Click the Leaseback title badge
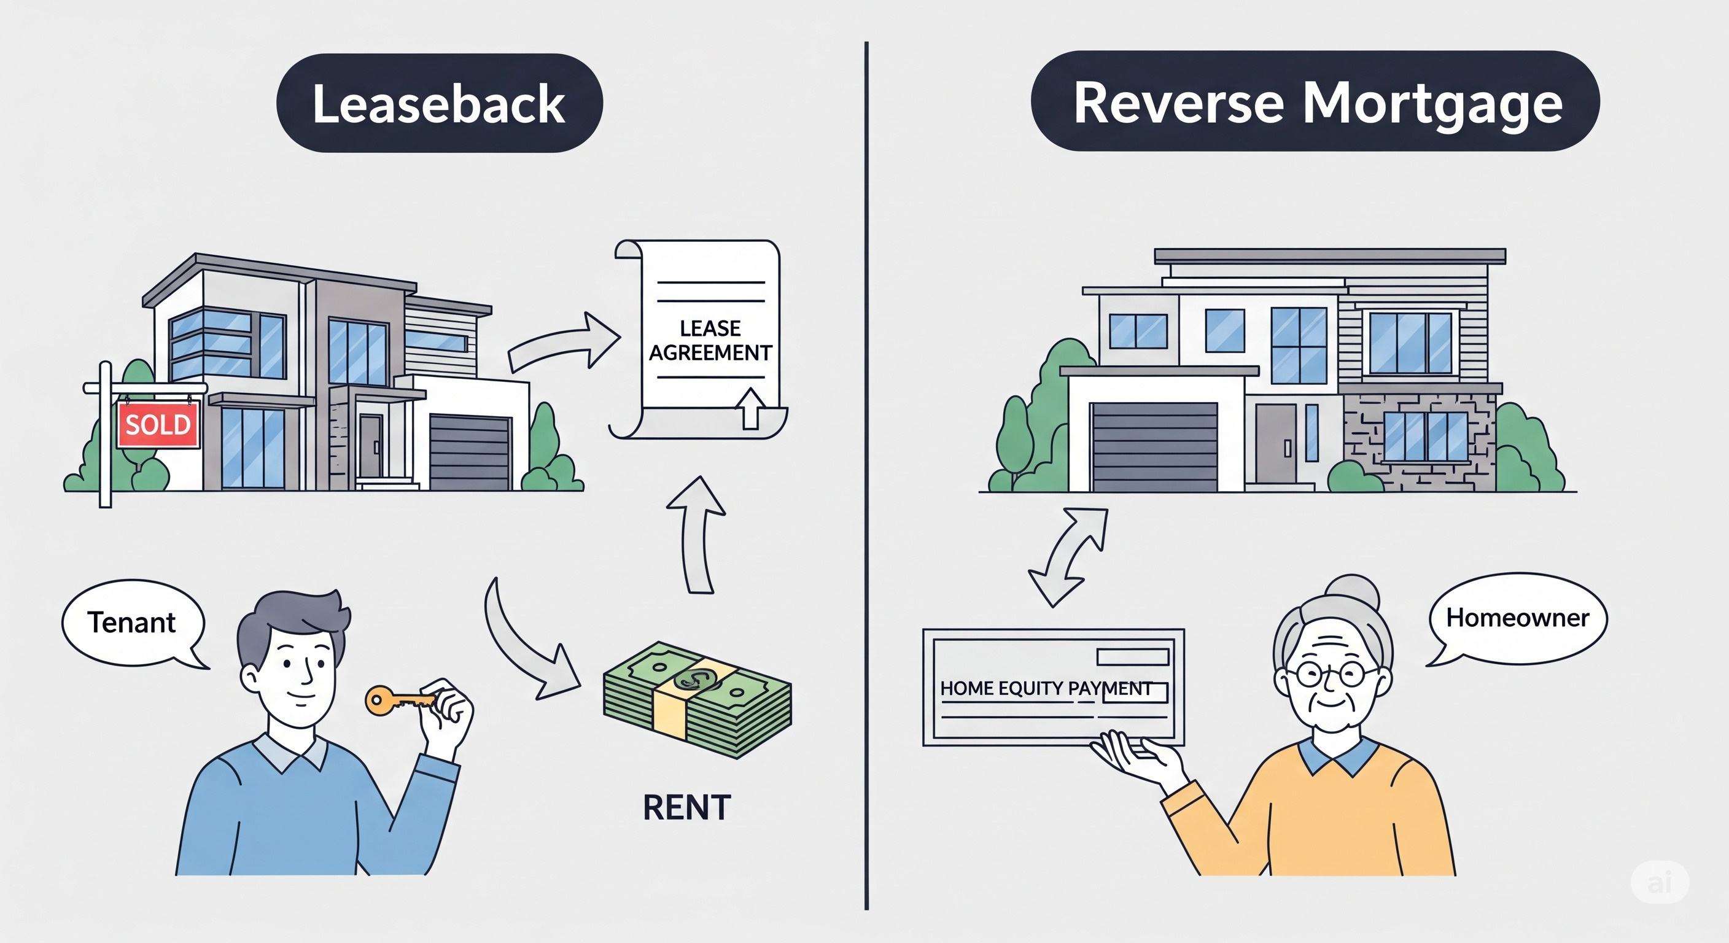[440, 103]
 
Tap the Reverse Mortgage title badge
[1315, 101]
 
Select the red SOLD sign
[158, 424]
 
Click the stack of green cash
[697, 700]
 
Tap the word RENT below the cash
[686, 807]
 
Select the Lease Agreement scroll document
[698, 339]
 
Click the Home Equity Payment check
[1053, 687]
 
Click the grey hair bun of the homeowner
[1352, 592]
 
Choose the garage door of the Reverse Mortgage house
[1154, 447]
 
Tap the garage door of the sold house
[470, 452]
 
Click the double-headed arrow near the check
[1068, 557]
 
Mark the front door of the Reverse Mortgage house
[1276, 443]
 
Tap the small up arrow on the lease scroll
[750, 408]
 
